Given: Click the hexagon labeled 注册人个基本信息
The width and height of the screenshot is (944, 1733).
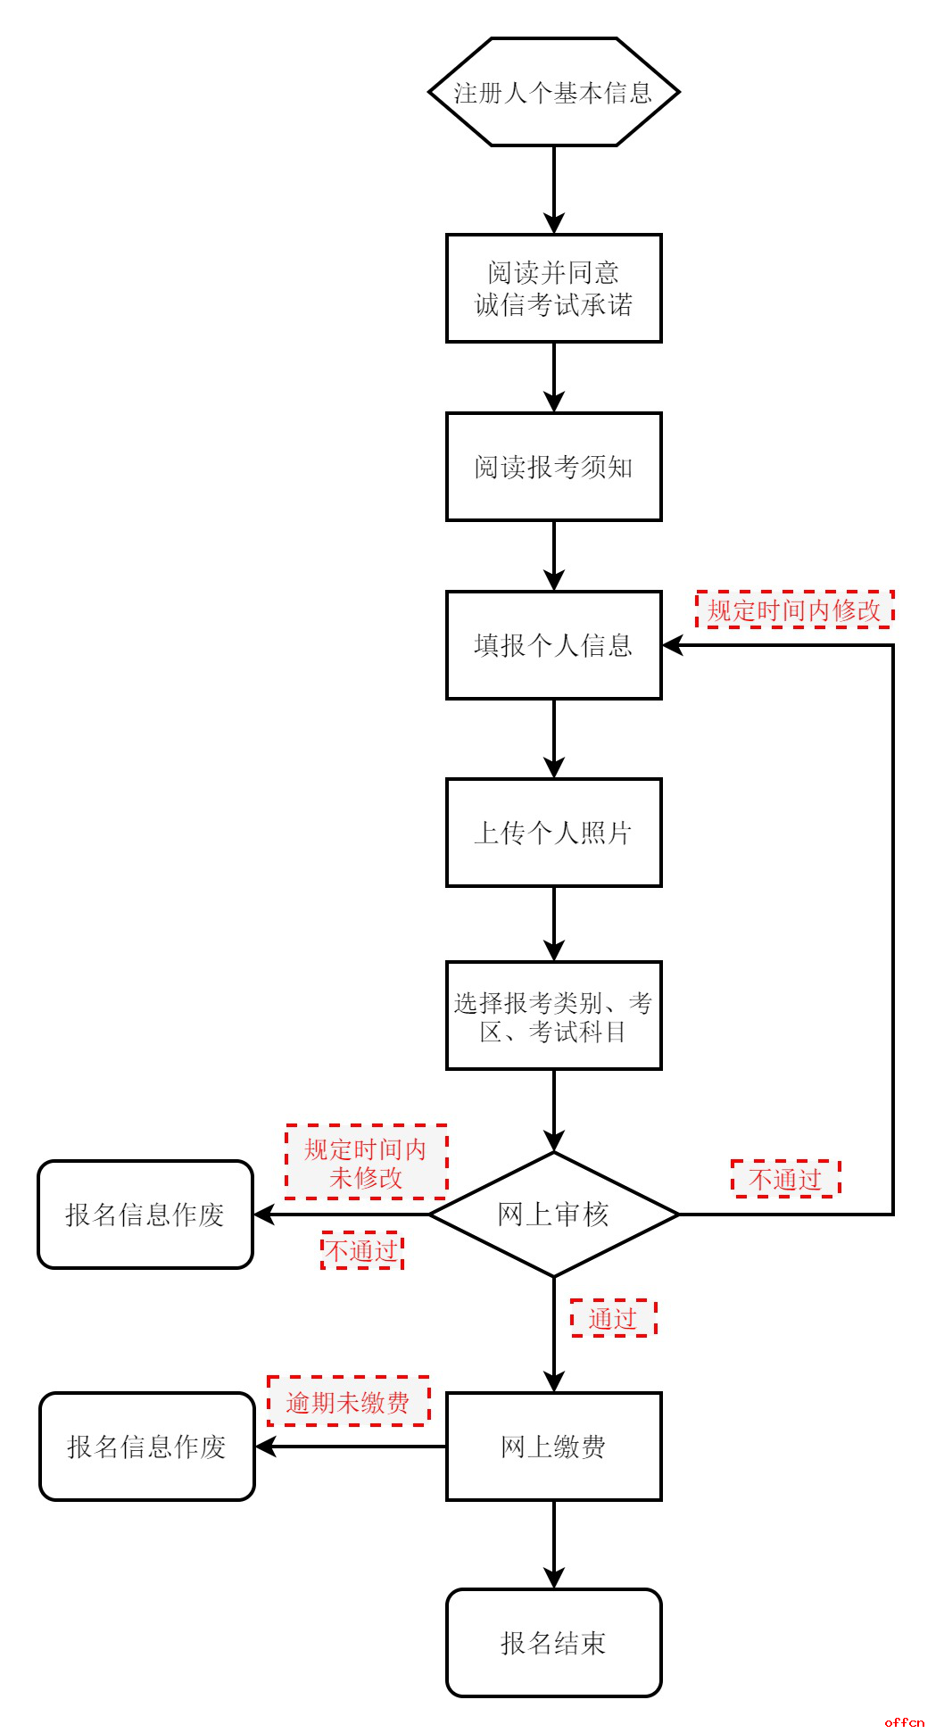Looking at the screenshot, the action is pos(553,92).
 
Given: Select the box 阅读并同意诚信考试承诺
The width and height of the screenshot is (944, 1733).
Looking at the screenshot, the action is pos(553,288).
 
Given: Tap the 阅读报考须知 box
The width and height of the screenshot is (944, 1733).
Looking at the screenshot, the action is pos(553,467).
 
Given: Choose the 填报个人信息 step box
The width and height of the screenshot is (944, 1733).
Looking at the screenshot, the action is pos(553,645).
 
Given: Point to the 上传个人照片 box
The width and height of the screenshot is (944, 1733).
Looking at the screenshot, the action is pos(553,833).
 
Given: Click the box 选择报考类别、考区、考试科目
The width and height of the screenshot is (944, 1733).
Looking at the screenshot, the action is pos(553,1016).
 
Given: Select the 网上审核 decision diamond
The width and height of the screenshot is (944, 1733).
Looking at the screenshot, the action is pos(553,1215).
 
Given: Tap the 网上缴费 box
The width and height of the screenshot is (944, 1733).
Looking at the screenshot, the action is pos(553,1447).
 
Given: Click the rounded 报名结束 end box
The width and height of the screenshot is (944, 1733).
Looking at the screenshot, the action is pos(553,1643).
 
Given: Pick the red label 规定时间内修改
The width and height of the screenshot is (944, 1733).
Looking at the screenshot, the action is pos(794,609).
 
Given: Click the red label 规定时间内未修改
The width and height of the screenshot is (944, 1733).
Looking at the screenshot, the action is pos(366,1163).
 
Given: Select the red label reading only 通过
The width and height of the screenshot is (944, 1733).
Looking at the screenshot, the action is pos(613,1318).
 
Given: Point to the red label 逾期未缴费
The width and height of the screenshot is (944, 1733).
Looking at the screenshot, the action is pos(348,1402).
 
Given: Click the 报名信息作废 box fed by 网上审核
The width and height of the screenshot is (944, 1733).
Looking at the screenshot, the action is pos(145,1215).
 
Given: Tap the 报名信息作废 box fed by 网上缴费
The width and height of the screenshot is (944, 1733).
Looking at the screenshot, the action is pos(147,1447).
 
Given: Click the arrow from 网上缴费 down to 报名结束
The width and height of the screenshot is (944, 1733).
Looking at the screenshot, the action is pos(554,1545).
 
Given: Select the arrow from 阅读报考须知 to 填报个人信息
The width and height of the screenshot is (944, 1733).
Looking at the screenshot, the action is pos(554,556).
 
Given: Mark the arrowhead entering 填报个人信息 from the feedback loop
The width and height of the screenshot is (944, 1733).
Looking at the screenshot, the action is pos(673,645).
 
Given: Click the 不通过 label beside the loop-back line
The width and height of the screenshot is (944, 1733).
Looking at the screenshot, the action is pos(785,1179).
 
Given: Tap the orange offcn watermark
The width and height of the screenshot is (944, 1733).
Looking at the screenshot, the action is pos(905,1721).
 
